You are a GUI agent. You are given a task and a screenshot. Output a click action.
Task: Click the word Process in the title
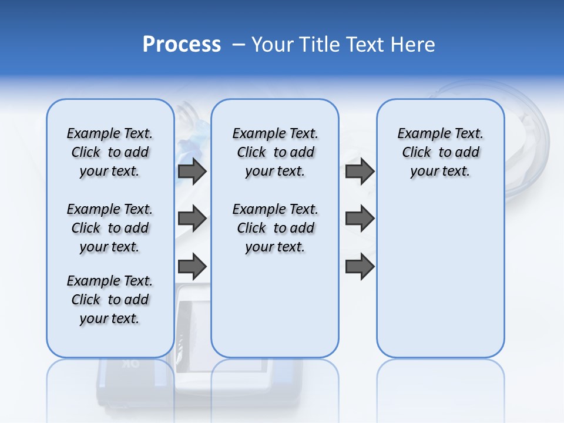182,45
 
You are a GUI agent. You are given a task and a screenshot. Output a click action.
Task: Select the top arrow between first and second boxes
192,172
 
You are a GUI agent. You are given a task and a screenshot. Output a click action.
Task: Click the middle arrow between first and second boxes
192,219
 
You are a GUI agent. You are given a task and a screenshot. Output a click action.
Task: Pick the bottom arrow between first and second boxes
192,266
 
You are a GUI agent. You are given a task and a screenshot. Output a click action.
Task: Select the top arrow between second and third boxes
360,172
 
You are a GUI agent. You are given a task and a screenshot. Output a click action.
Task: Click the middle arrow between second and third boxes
360,219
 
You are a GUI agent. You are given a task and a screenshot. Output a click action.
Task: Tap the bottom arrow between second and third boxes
360,266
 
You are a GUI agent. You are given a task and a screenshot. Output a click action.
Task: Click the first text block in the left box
110,152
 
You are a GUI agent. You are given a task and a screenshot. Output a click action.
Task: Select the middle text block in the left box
110,228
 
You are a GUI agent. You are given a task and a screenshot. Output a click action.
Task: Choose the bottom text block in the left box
110,300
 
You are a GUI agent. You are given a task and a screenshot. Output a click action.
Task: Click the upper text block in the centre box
275,152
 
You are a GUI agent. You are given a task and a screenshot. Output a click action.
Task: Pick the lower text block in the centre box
275,228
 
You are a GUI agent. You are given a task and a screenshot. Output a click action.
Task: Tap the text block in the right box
440,152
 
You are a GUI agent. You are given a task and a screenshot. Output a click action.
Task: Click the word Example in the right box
419,134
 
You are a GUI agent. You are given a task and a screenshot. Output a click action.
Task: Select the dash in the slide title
239,45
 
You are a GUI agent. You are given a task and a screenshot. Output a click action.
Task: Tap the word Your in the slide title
273,45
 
